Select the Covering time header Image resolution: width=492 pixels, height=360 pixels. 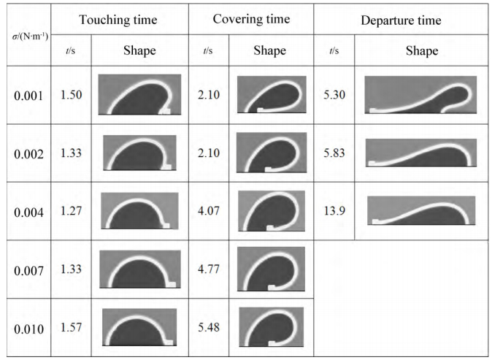[x=250, y=20]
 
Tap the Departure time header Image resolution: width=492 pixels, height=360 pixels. [x=401, y=20]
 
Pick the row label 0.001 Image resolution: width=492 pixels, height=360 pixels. [x=28, y=96]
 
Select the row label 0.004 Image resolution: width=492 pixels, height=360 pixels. [x=28, y=212]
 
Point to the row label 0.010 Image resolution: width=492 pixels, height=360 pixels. [x=28, y=328]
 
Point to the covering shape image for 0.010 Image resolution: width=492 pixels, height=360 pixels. [x=271, y=327]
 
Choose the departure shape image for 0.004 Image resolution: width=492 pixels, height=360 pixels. [x=421, y=210]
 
